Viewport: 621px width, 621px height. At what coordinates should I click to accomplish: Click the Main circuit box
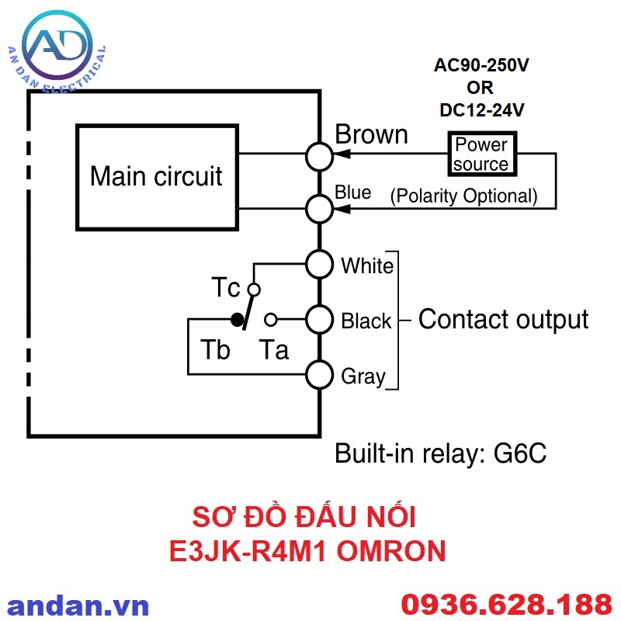pos(156,176)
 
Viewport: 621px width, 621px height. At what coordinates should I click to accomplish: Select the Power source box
pos(481,154)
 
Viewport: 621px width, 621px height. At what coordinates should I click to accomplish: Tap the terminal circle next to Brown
pos(319,156)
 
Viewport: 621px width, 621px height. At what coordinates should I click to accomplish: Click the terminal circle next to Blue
pos(319,208)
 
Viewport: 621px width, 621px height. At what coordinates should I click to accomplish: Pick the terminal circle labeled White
pos(319,265)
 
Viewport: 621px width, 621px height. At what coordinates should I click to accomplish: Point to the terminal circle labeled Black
pos(319,319)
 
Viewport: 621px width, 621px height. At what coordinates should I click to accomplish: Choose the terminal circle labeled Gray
pos(319,375)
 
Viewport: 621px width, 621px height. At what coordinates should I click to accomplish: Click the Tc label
pos(227,288)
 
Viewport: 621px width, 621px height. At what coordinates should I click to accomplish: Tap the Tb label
pos(215,350)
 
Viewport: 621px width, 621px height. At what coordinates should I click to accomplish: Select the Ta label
pos(274,350)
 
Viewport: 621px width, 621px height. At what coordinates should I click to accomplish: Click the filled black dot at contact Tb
pos(236,319)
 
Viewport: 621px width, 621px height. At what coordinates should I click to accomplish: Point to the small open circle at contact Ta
pos(270,319)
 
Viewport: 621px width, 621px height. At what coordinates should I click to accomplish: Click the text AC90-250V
pos(481,66)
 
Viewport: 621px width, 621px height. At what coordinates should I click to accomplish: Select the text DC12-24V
pos(481,110)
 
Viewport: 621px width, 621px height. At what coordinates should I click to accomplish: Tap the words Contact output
pos(503,319)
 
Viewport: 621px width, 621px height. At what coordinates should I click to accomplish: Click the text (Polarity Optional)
pos(463,196)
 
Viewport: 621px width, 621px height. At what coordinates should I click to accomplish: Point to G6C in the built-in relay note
pos(520,453)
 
